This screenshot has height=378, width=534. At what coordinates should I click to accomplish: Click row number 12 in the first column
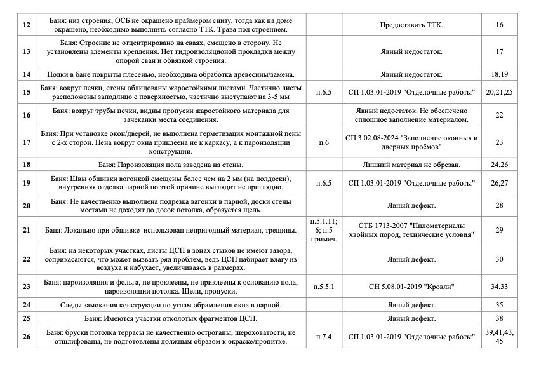[x=26, y=25]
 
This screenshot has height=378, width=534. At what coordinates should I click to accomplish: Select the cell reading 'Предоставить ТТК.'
[x=411, y=25]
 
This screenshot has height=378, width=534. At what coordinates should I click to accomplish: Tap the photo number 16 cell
[x=499, y=25]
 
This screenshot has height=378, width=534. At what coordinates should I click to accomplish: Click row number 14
[x=26, y=75]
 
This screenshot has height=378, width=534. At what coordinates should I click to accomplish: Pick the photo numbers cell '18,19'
[x=499, y=75]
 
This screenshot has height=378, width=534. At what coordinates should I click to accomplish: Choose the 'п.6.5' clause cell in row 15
[x=324, y=93]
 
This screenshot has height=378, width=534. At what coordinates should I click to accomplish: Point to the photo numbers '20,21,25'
[x=499, y=93]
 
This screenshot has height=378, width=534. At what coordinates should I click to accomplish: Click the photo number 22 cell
[x=499, y=115]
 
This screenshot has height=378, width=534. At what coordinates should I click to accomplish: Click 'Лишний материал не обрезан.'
[x=411, y=165]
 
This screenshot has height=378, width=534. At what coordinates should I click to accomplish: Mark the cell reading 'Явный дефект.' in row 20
[x=411, y=206]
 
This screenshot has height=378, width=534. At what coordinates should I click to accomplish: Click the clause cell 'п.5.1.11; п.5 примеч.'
[x=324, y=229]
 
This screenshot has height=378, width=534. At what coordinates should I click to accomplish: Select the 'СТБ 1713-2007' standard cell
[x=411, y=229]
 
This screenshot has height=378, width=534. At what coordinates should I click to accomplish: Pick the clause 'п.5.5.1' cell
[x=324, y=287]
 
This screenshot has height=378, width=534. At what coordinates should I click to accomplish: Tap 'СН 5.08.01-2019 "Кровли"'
[x=411, y=287]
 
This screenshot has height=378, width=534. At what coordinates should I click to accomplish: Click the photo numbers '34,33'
[x=499, y=287]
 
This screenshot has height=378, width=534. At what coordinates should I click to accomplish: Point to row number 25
[x=26, y=317]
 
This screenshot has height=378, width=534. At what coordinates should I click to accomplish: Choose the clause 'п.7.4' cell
[x=324, y=336]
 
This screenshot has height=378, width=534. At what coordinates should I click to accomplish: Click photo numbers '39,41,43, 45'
[x=499, y=336]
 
